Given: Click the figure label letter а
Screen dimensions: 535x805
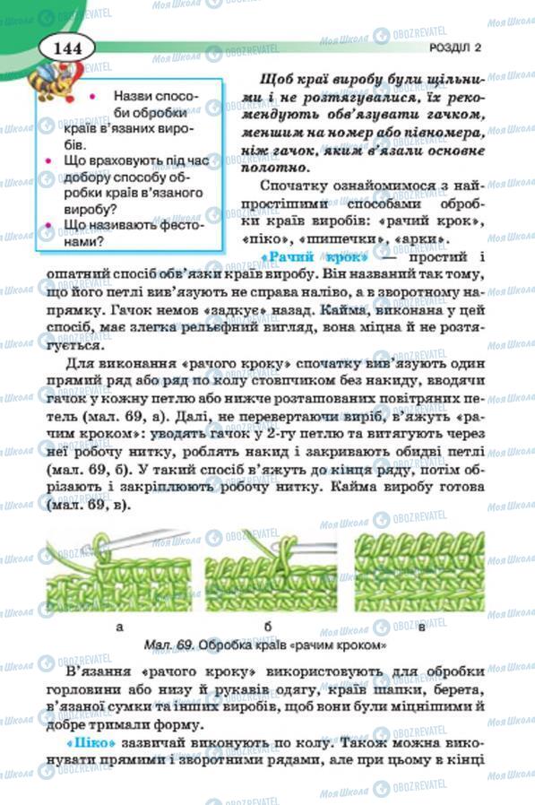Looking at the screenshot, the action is pos(120,627).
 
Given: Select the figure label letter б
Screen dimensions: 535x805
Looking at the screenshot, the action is pos(268,627).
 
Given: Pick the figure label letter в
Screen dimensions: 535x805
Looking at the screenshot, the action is pos(422,627).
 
